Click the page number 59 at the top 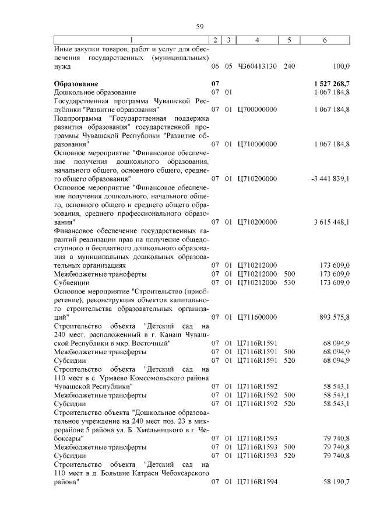click(x=199, y=26)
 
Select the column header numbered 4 click(x=257, y=39)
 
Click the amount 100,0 click(x=341, y=67)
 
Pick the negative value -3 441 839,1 click(x=330, y=179)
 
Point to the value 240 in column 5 click(x=289, y=67)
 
